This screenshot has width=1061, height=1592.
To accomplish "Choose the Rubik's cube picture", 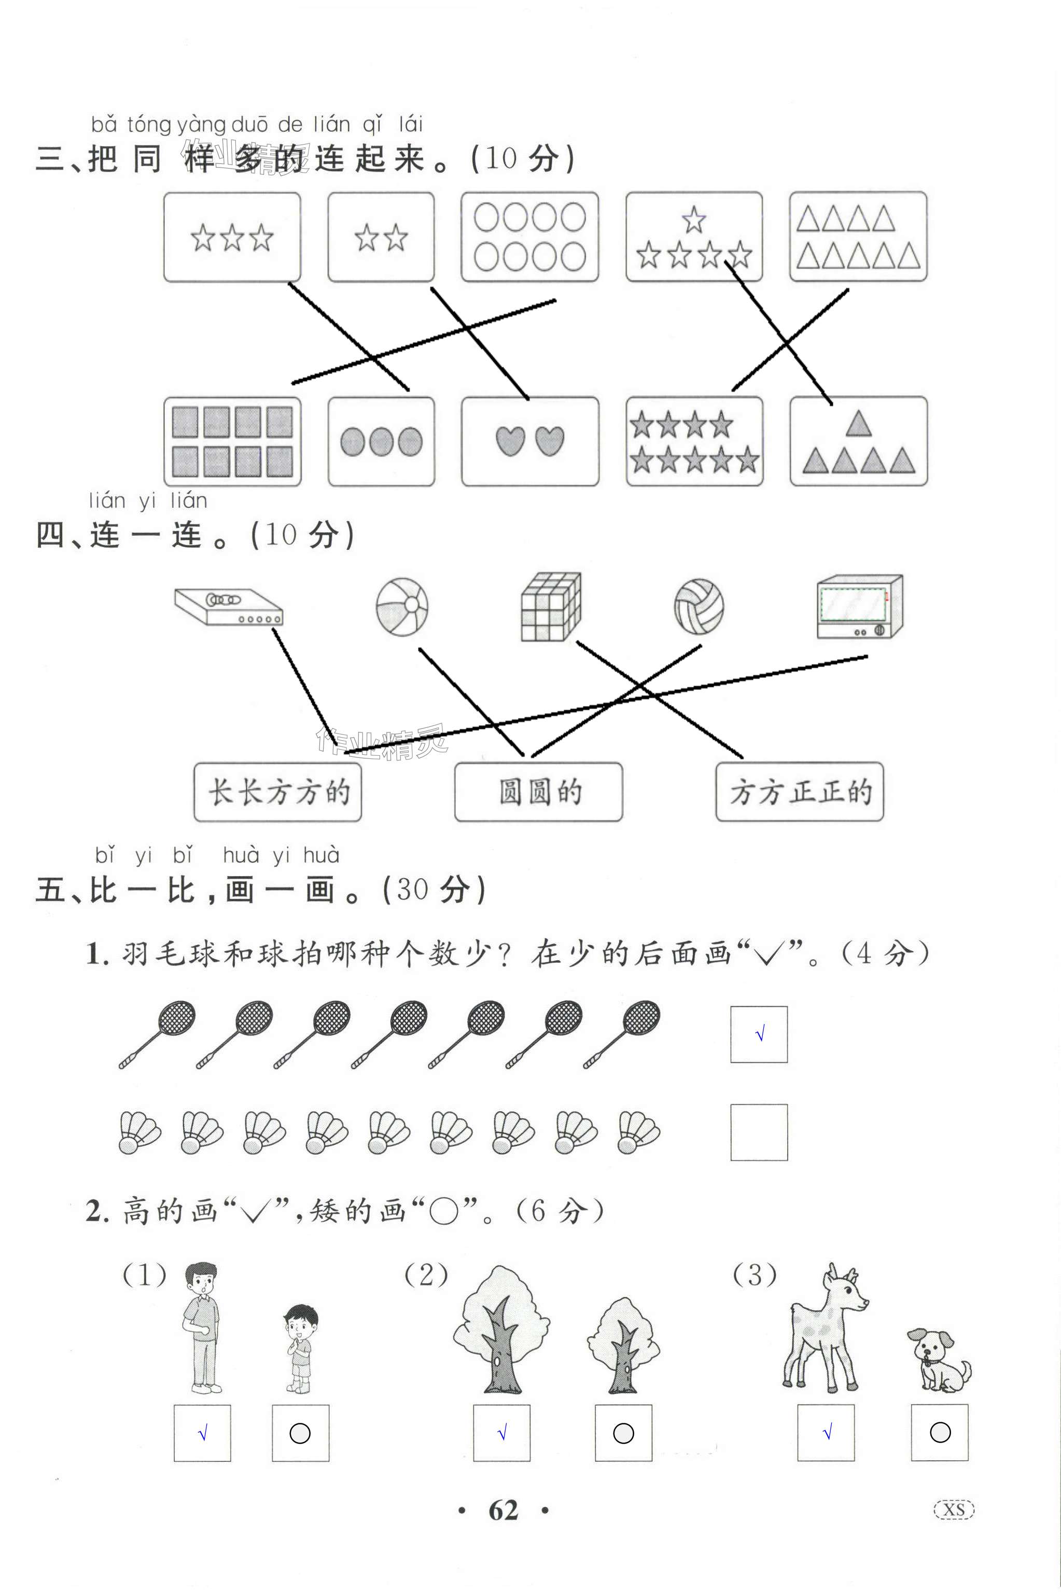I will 551,606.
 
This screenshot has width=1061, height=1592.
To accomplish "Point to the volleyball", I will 699,606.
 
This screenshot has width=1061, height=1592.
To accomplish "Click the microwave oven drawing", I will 859,606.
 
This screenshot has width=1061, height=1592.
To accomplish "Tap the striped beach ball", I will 402,606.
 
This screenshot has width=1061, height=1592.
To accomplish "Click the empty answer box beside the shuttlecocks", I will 759,1132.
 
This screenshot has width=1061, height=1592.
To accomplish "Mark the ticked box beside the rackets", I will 759,1034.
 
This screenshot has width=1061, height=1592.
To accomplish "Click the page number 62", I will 504,1510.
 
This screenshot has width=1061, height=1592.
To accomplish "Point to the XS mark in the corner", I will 954,1510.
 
